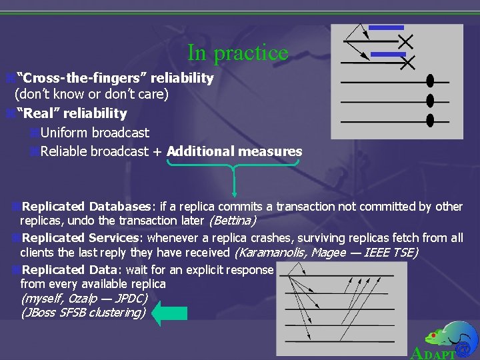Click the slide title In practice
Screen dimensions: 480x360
click(x=237, y=52)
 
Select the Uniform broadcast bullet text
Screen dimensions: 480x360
click(x=95, y=133)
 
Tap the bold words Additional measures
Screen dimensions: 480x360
click(x=234, y=151)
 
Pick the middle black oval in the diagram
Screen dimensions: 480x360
click(x=430, y=101)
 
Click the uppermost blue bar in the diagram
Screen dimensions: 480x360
click(x=386, y=28)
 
